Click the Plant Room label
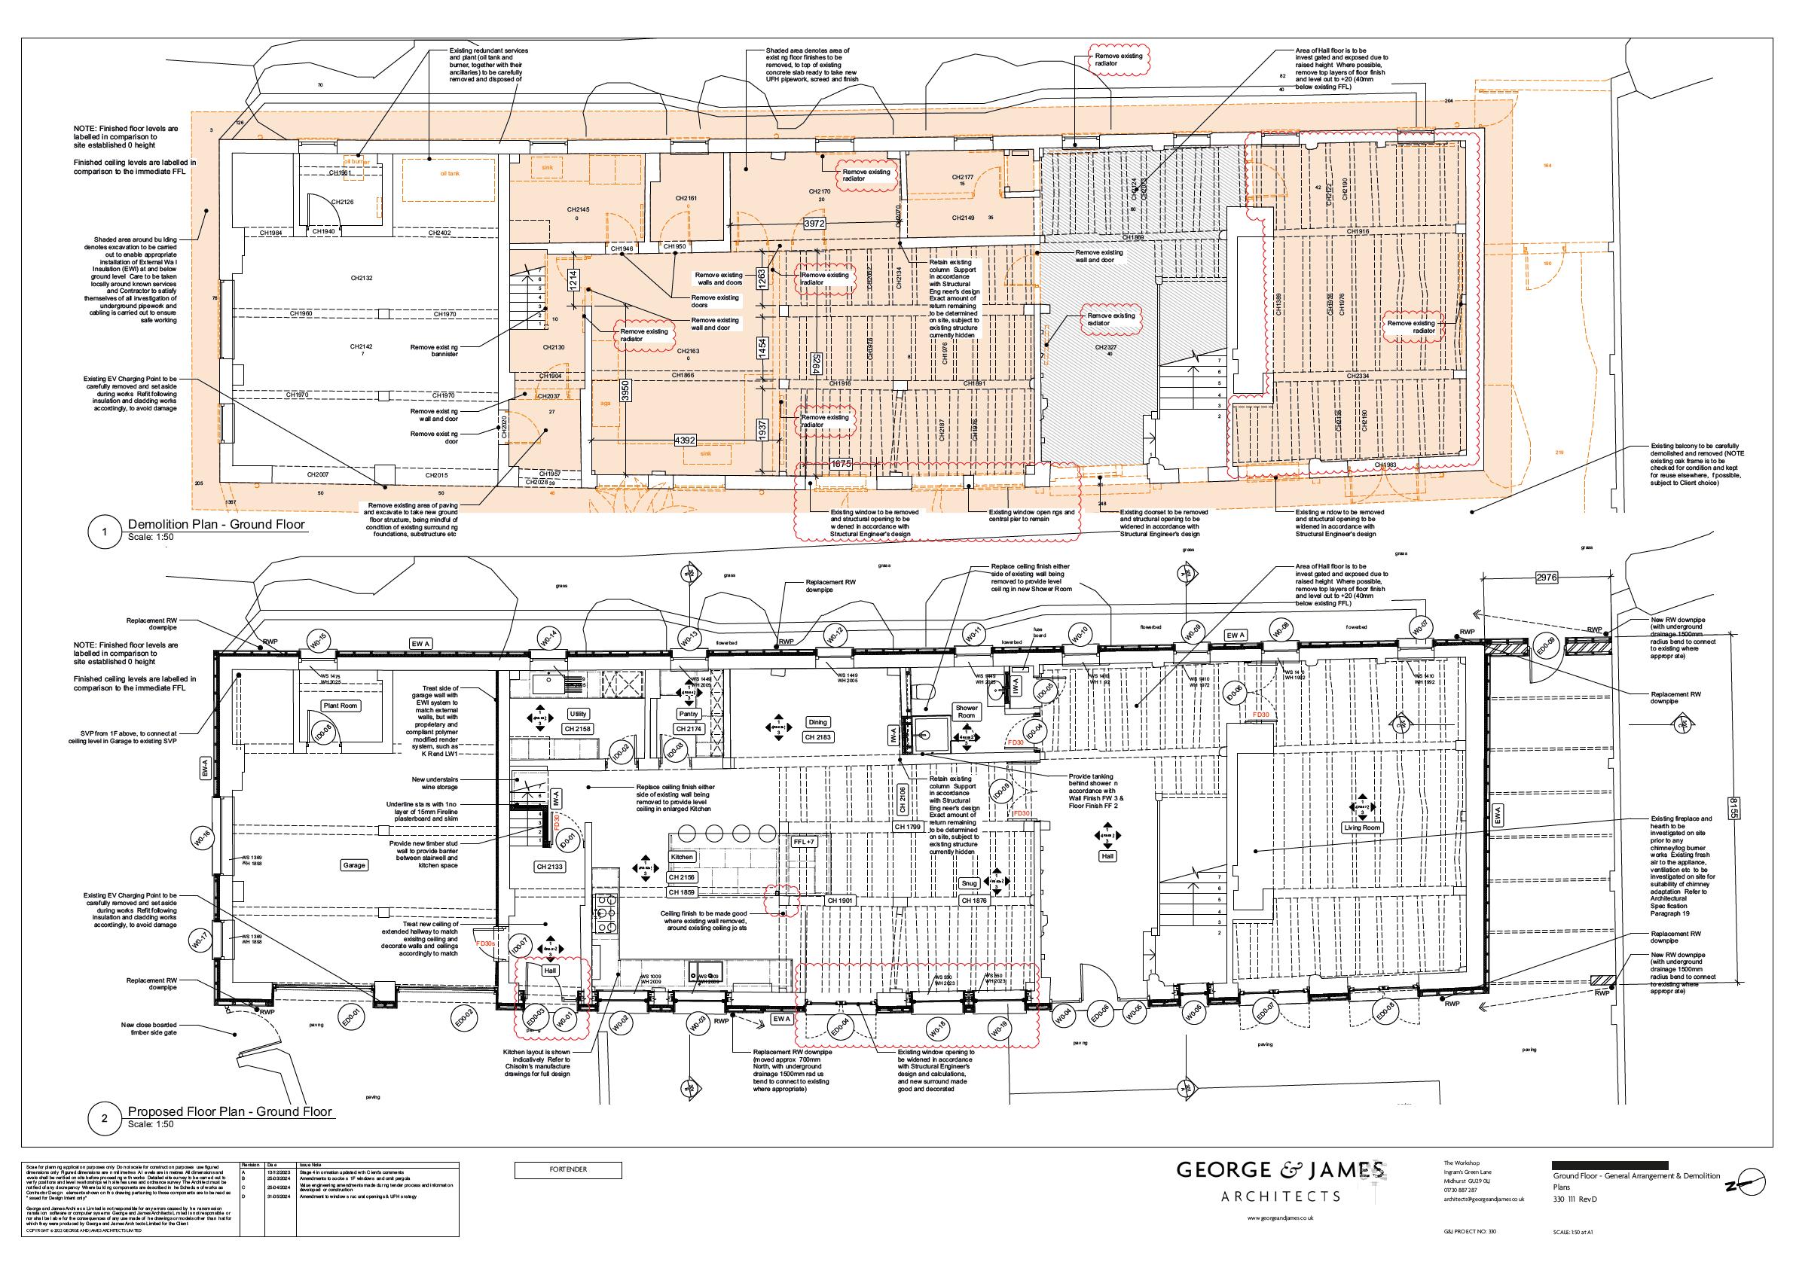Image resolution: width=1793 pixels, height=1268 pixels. pyautogui.click(x=341, y=706)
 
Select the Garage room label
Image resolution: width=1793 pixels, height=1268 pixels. pyautogui.click(x=354, y=865)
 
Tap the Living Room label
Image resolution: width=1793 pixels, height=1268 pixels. pyautogui.click(x=1362, y=828)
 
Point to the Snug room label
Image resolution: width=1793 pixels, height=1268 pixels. pyautogui.click(x=969, y=883)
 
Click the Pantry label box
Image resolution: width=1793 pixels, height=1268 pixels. pyautogui.click(x=689, y=715)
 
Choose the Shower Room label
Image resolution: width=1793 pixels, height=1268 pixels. pyautogui.click(x=967, y=712)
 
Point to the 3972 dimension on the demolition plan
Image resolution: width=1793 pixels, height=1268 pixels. pyautogui.click(x=815, y=224)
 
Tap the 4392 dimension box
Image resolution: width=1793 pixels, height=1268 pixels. pyautogui.click(x=685, y=441)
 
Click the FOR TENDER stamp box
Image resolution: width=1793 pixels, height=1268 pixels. pyautogui.click(x=568, y=1169)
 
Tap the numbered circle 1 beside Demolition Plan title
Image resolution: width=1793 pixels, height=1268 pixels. pyautogui.click(x=105, y=533)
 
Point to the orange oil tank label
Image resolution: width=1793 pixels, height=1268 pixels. pyautogui.click(x=450, y=173)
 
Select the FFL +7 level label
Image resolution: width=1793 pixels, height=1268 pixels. pyautogui.click(x=803, y=843)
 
